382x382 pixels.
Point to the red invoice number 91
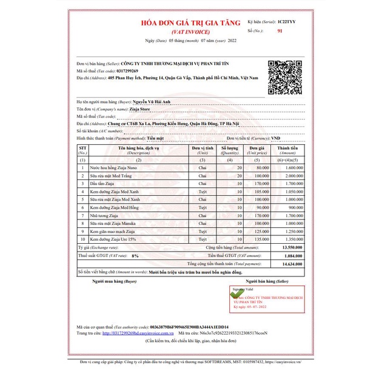coord(280,30)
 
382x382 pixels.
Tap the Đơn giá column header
coord(258,148)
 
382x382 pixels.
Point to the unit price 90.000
coord(262,207)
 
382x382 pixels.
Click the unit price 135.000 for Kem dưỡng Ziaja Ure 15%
coord(261,240)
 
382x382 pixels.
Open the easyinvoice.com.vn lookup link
coord(138,333)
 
